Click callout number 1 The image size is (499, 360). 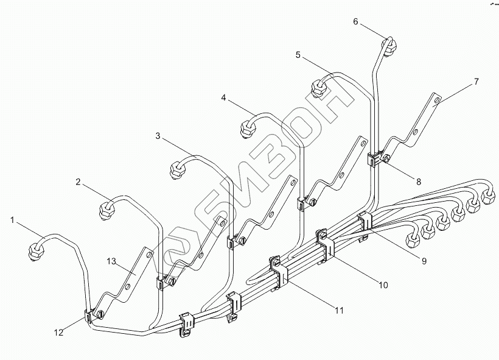point(12,217)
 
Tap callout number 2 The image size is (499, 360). point(78,181)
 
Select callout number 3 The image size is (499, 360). point(158,136)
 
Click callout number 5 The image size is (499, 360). point(298,55)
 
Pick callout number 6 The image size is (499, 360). point(356,21)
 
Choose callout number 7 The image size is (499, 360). point(476,81)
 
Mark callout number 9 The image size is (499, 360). point(424,261)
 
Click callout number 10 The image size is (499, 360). point(383,284)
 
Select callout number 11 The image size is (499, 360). point(339,310)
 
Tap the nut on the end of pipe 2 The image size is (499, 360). point(107,210)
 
